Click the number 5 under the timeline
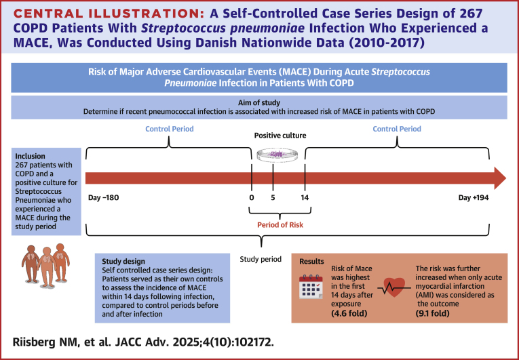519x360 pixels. tap(273, 197)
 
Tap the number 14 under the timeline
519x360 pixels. tap(303, 197)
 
